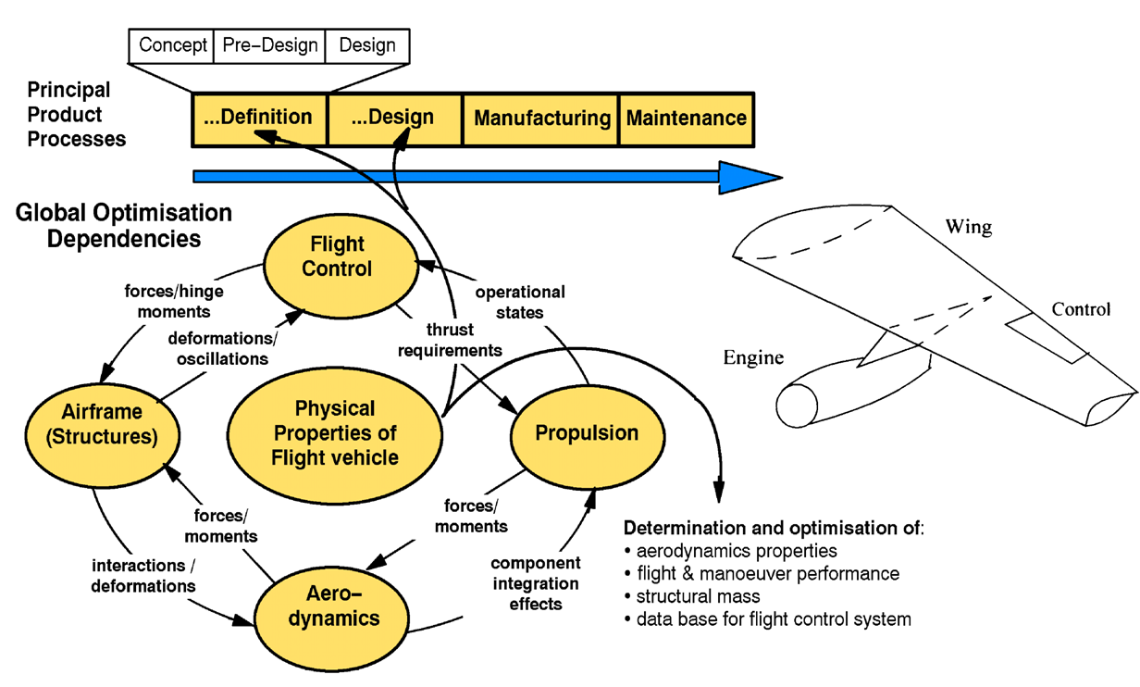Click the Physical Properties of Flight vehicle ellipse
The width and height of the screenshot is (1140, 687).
click(334, 433)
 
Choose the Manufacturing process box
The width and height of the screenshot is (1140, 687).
click(541, 119)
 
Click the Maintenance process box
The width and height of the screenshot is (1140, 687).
click(686, 119)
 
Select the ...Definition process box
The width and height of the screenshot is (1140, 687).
click(258, 119)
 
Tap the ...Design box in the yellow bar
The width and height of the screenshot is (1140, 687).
click(394, 119)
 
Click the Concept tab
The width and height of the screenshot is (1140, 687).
click(172, 45)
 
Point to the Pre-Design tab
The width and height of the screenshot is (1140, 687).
click(270, 45)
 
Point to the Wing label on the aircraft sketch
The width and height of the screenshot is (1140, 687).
click(968, 227)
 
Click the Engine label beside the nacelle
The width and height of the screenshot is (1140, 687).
click(753, 357)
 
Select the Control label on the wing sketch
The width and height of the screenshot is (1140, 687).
click(1081, 309)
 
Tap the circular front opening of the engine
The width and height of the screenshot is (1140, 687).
click(796, 406)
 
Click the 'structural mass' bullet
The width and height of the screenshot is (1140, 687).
click(698, 596)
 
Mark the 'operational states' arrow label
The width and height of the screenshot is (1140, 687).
click(519, 302)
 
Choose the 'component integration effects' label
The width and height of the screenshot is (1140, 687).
click(536, 583)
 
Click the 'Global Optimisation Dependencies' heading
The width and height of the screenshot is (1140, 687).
click(124, 225)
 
